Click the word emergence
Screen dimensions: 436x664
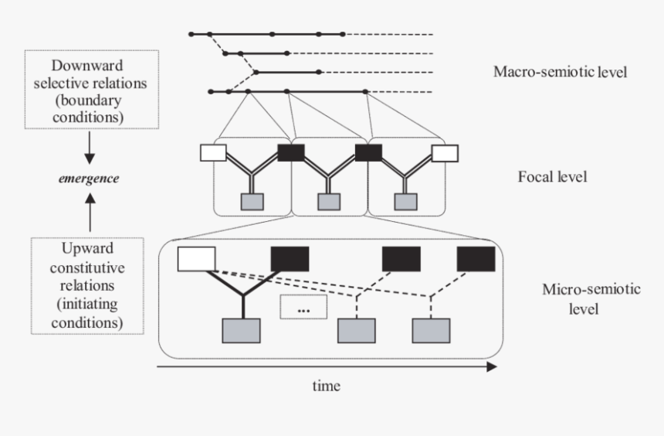pos(90,178)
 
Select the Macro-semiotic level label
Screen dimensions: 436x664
pos(560,73)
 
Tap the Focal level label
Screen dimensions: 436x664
pos(552,177)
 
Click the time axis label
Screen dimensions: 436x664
pos(326,385)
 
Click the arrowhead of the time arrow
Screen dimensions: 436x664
pos(491,367)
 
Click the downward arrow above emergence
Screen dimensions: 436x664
pos(90,147)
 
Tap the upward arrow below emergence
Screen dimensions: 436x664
pos(90,212)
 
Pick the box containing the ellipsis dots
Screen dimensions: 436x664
pos(303,308)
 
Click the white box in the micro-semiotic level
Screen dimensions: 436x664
pos(196,259)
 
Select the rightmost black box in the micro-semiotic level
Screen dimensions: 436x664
pos(476,259)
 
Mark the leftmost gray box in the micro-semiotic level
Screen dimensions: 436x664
pos(241,330)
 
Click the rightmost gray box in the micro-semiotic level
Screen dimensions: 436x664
pos(431,330)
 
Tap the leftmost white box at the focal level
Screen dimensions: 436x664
pos(212,152)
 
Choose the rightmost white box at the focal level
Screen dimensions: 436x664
pos(445,152)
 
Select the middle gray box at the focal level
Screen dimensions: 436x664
pos(329,202)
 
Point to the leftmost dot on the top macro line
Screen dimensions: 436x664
pos(191,34)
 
